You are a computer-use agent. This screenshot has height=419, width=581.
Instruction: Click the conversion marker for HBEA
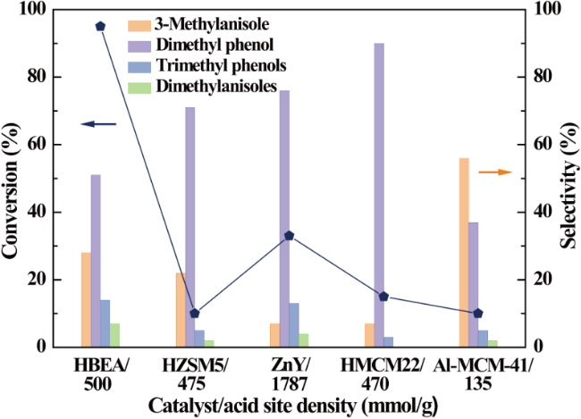click(100, 26)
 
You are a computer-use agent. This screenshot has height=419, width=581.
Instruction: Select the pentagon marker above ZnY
click(289, 236)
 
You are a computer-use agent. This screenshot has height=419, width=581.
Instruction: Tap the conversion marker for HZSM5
click(195, 314)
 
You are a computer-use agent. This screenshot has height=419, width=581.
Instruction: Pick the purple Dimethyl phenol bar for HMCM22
click(379, 195)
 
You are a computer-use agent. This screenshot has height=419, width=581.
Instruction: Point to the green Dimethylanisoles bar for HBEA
click(115, 335)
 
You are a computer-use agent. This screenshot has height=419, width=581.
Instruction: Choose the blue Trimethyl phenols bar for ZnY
click(294, 325)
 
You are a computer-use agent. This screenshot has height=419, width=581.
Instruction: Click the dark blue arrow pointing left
click(99, 124)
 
